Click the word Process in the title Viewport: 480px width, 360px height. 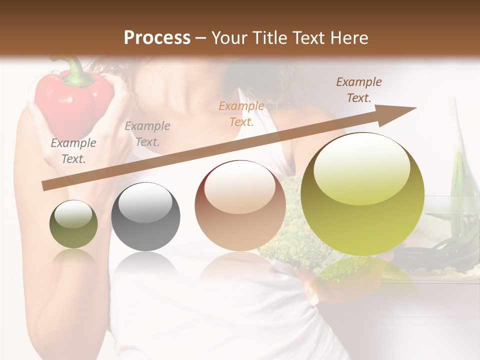(x=157, y=38)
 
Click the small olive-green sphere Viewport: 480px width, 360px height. (x=73, y=224)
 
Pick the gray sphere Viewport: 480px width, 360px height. (x=145, y=217)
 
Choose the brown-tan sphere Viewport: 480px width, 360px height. (x=240, y=205)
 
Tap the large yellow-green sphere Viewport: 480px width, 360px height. (x=362, y=194)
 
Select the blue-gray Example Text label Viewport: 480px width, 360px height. (x=147, y=134)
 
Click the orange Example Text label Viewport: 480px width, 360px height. (x=241, y=113)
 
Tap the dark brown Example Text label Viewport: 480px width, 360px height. (x=358, y=90)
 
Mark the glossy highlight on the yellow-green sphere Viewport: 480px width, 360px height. (x=361, y=167)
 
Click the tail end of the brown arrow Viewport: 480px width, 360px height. (x=46, y=185)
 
